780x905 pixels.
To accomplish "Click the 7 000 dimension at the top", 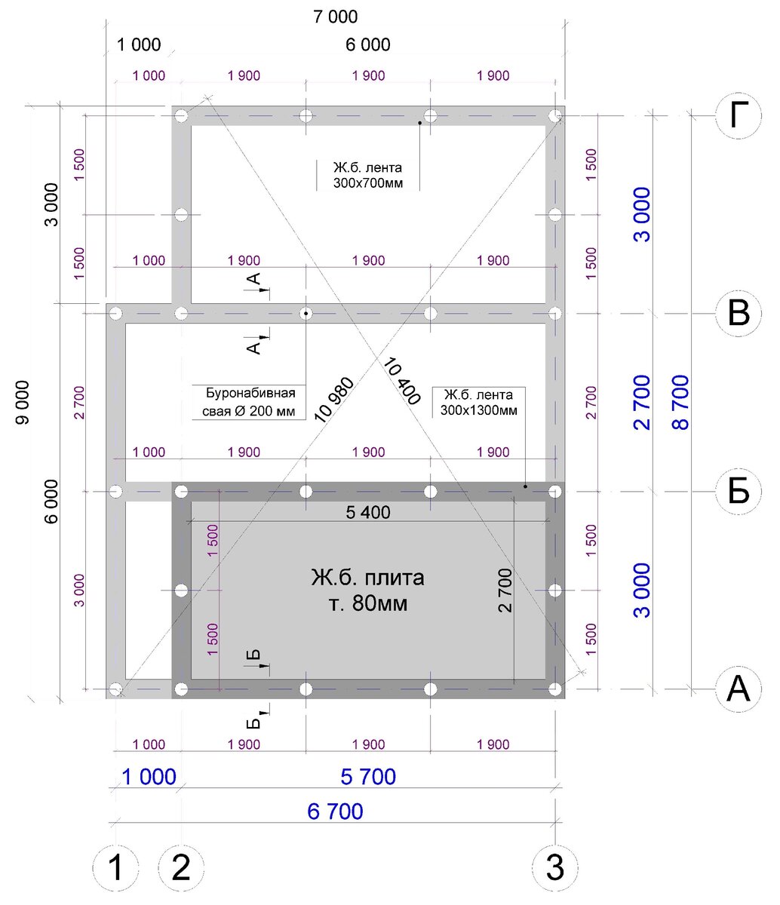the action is tap(336, 17).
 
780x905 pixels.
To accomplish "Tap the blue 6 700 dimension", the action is tap(335, 811).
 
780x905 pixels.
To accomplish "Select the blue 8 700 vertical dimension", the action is tap(680, 403).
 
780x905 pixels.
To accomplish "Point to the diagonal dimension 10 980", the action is tap(334, 400).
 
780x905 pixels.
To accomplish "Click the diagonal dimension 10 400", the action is tap(402, 381).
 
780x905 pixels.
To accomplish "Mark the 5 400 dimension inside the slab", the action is tap(368, 512).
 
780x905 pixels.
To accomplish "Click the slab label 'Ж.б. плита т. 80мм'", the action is tap(368, 591).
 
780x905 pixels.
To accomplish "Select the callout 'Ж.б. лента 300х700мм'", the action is tap(368, 175).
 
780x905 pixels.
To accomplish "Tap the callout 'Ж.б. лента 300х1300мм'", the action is tap(479, 403).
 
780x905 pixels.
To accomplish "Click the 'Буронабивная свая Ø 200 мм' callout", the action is tap(249, 402).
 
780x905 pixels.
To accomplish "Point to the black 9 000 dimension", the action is tap(23, 403).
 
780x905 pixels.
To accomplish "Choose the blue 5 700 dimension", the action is tap(368, 777).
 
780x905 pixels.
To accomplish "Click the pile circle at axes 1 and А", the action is tap(115, 689).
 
